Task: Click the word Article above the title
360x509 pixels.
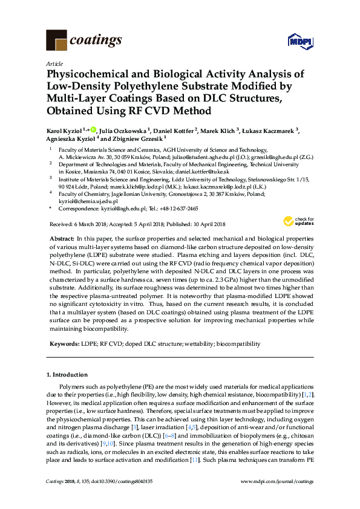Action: [54, 63]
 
